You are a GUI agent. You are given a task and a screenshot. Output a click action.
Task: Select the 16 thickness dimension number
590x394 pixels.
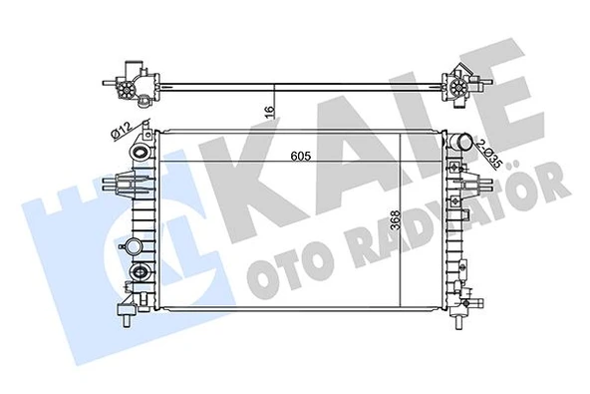(x=270, y=113)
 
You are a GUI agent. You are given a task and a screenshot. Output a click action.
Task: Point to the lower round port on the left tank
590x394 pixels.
(x=140, y=273)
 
